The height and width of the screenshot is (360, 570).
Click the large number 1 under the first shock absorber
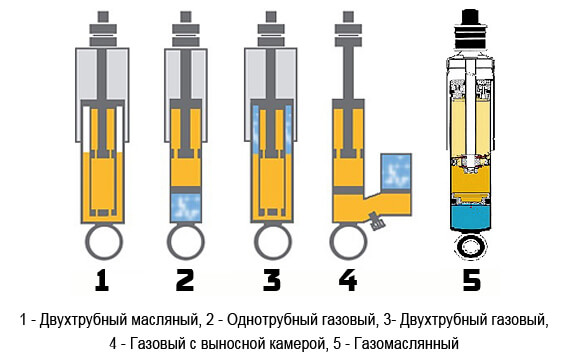pos(102,280)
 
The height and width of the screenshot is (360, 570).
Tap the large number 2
pos(185,280)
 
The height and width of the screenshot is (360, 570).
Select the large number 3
pos(272,280)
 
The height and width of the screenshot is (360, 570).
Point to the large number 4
pos(348,280)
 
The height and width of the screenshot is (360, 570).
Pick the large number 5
pos(471,280)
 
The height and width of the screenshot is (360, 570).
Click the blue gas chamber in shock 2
pos(186,208)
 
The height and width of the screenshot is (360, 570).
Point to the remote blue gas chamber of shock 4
pos(396,172)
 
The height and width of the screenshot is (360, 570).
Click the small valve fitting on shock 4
pos(376,221)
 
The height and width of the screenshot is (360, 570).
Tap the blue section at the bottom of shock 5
pos(471,217)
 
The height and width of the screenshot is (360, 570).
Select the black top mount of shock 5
pos(470,30)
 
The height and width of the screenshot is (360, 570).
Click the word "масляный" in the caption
pos(165,321)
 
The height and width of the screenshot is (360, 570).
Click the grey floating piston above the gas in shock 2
pos(186,190)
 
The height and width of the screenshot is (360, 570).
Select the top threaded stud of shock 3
pos(271,17)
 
